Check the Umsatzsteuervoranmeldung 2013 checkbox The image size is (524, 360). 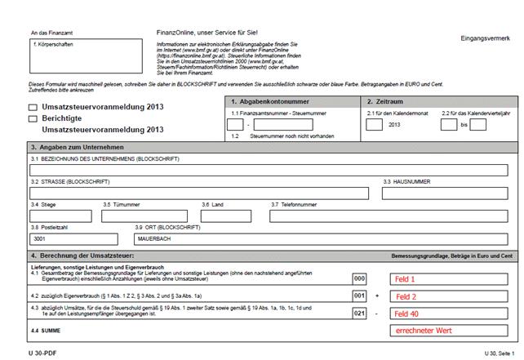pos(33,107)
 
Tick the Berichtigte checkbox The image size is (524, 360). pos(33,118)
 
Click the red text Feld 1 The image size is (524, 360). pos(405,278)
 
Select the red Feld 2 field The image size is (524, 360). pos(405,296)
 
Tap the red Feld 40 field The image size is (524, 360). pos(407,313)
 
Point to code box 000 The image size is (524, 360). pos(359,278)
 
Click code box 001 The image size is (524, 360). pos(359,296)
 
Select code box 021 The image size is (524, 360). pos(359,313)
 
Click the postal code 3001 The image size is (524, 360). pos(38,239)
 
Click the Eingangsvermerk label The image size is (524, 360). pos(485,39)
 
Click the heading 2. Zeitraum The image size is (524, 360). pos(385,100)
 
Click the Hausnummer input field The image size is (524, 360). pos(448,193)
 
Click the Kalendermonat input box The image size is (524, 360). pos(374,125)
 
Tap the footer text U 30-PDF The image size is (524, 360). pos(42,352)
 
